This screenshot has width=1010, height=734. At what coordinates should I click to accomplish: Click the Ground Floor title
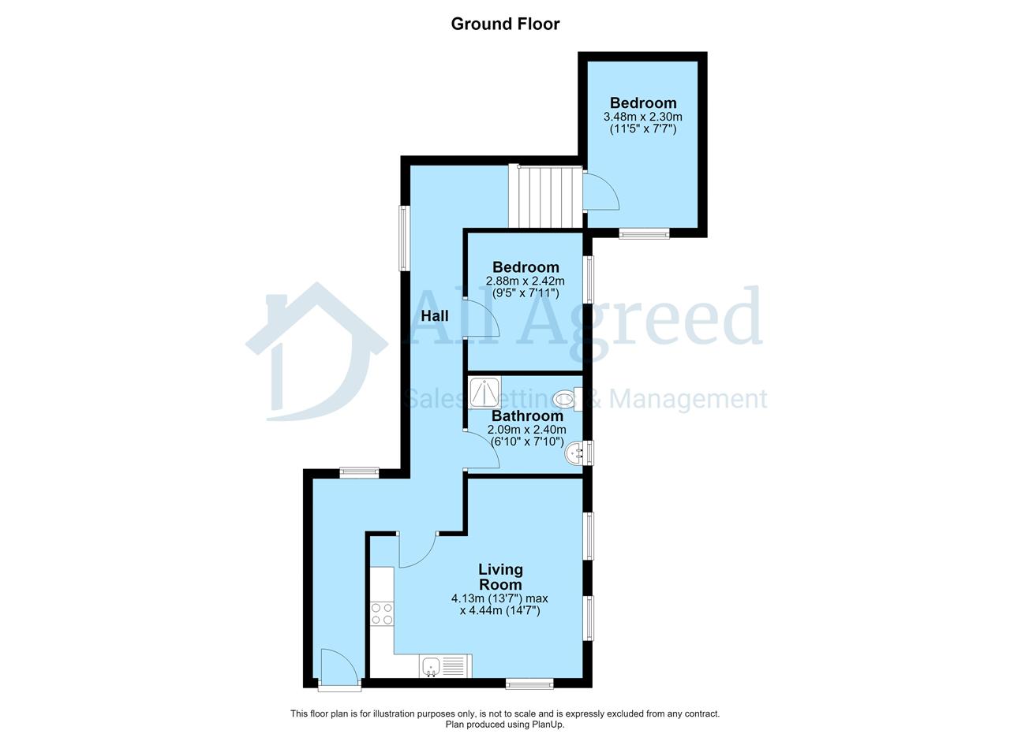(505, 24)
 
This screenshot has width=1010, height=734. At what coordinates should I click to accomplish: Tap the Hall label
(435, 316)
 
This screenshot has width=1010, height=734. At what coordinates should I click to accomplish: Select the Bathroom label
(527, 415)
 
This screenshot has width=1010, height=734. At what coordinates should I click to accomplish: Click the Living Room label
(500, 577)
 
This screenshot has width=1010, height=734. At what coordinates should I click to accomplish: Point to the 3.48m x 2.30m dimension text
(642, 117)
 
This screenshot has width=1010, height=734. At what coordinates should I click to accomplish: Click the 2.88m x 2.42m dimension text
(525, 281)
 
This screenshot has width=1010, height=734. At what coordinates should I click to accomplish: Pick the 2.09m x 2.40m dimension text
(526, 430)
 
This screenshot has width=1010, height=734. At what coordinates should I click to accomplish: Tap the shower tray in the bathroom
(484, 393)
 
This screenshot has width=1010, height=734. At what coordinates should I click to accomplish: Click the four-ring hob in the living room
(381, 613)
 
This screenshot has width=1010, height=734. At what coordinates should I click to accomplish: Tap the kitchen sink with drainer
(446, 666)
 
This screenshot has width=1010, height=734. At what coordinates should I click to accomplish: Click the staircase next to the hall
(545, 196)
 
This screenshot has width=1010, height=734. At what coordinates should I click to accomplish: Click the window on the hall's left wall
(404, 238)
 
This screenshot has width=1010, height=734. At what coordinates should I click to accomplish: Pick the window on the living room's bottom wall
(529, 684)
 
